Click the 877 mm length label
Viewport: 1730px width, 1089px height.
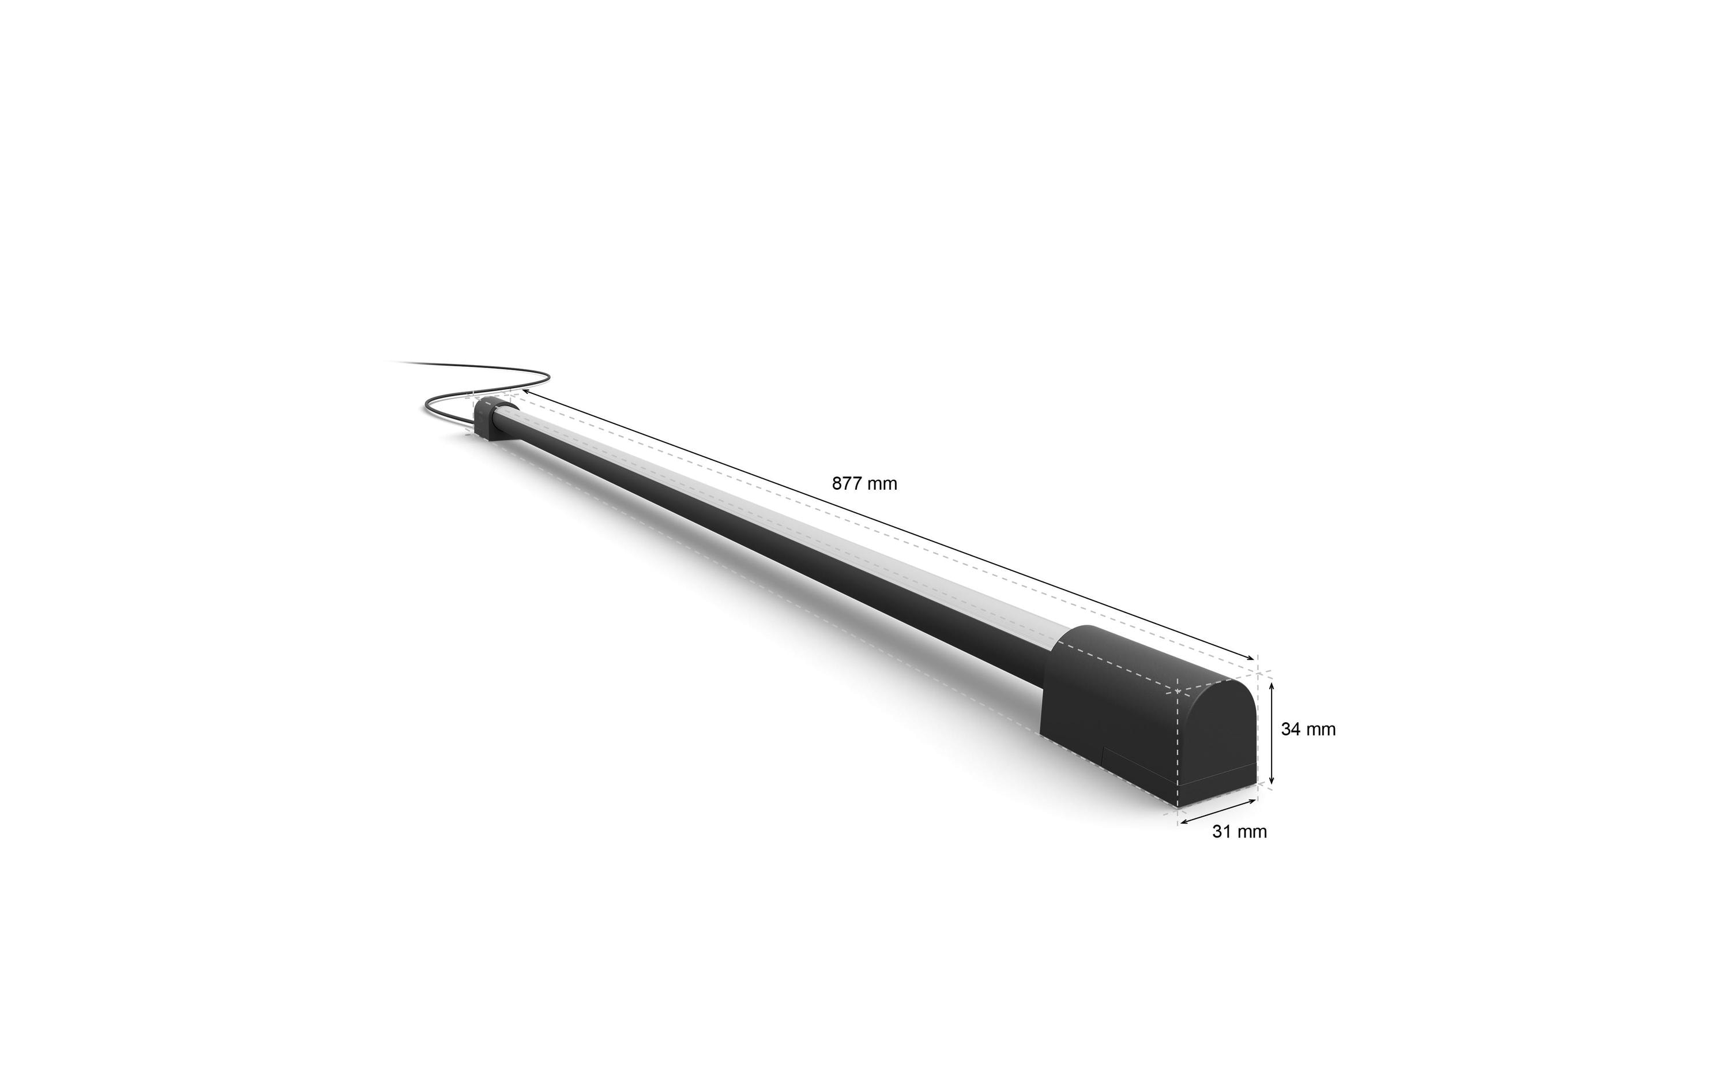coord(864,484)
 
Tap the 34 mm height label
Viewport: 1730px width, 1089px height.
coord(1307,729)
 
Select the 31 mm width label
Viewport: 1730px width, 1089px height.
coord(1239,832)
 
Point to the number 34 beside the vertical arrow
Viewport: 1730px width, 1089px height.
coord(1291,729)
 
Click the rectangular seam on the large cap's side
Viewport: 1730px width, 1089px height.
coord(1139,765)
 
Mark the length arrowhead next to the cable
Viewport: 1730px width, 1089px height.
coord(525,391)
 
